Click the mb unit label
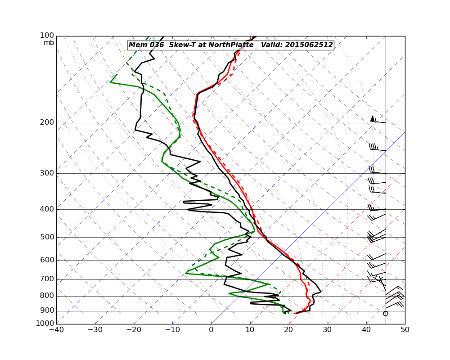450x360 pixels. click(x=49, y=43)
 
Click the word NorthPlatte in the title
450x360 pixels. click(x=231, y=45)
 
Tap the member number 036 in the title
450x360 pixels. click(x=157, y=45)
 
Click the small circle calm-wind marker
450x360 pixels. click(x=385, y=314)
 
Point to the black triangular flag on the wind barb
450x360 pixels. click(x=372, y=118)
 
